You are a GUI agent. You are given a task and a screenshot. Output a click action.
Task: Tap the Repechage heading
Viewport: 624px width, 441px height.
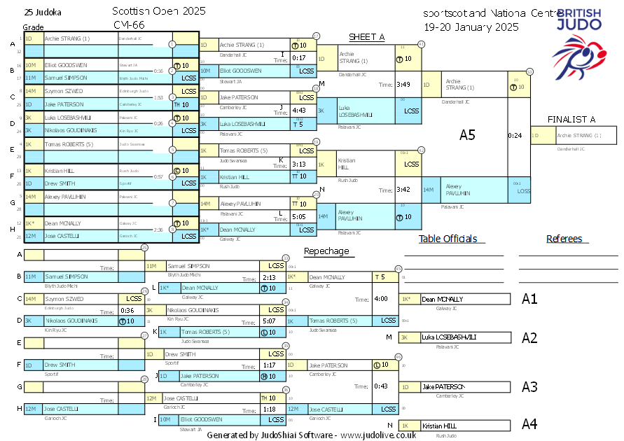coord(326,251)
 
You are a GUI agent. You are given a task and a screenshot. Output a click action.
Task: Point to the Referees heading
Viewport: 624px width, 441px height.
coord(564,239)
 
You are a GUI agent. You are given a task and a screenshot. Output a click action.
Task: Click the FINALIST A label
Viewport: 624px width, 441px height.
coord(571,119)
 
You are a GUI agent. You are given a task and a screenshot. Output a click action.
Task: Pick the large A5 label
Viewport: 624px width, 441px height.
coord(468,135)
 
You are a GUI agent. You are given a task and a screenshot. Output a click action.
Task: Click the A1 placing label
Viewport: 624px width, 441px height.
coord(529,299)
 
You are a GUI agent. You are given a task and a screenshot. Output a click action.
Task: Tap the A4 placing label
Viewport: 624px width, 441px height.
coord(529,424)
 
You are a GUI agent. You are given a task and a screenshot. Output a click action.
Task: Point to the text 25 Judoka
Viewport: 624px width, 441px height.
coord(42,12)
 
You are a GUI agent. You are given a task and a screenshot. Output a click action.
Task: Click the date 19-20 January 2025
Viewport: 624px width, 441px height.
coord(471,27)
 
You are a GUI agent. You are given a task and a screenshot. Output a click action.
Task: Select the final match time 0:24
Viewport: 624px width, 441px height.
coord(515,135)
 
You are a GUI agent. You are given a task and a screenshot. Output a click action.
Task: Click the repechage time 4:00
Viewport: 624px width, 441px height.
coord(381,298)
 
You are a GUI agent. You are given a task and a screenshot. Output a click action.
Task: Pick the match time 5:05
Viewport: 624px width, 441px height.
coord(299,217)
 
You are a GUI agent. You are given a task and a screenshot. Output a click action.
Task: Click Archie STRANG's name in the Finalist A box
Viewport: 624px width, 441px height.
coord(578,135)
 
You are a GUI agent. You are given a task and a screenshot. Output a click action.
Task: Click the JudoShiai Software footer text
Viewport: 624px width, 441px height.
coord(312,435)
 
